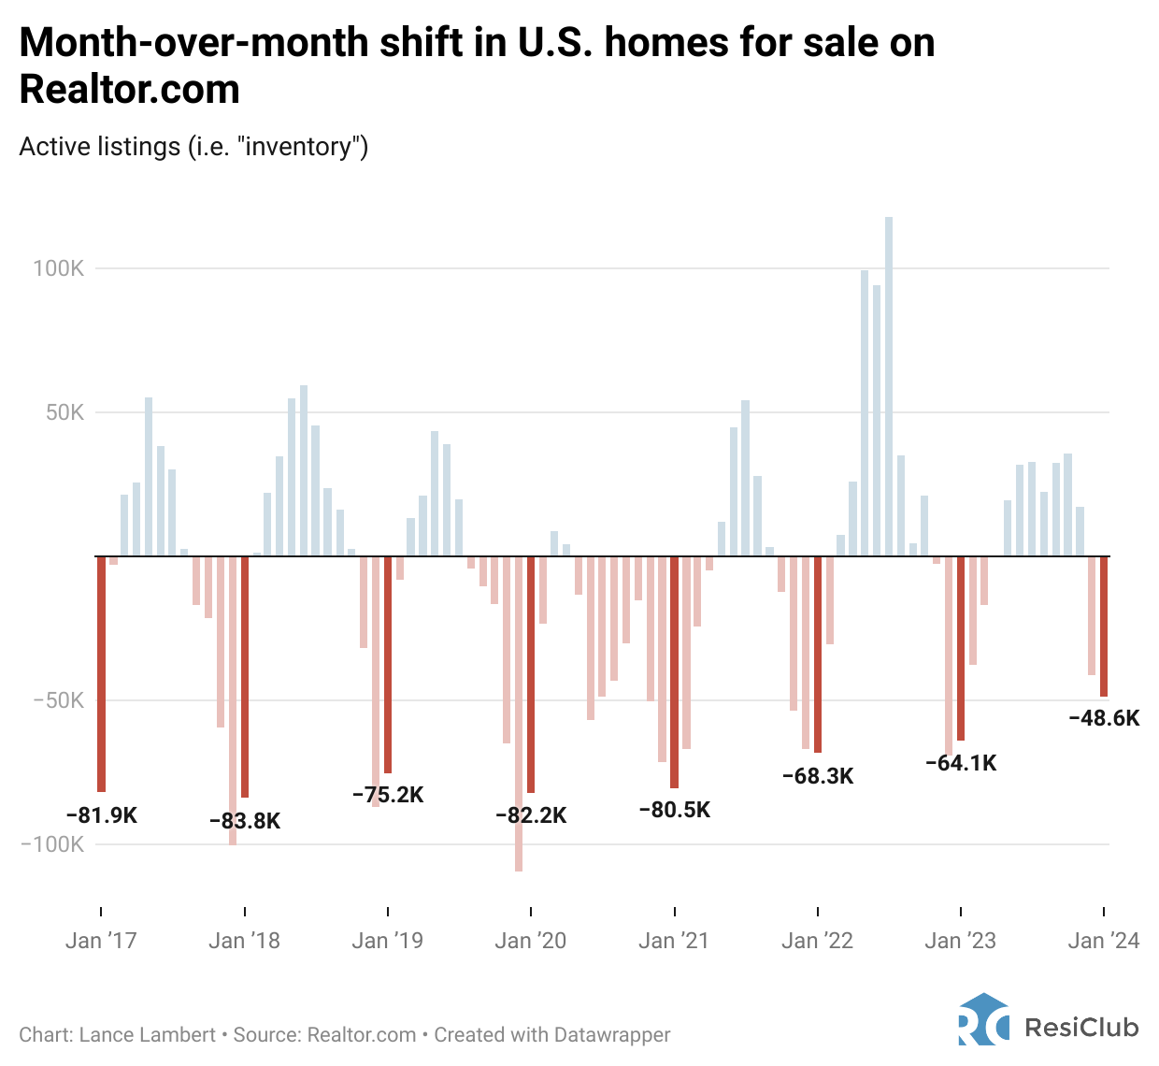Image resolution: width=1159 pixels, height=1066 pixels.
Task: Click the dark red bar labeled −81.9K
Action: point(101,673)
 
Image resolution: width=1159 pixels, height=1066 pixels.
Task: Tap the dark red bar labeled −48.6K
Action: point(1104,627)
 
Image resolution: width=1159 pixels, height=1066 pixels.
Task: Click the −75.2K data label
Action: point(388,795)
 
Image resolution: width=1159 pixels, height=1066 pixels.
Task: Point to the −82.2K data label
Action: point(531,815)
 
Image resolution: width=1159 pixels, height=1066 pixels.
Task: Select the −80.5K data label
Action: point(674,810)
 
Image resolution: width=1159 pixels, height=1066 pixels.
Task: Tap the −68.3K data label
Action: point(818,776)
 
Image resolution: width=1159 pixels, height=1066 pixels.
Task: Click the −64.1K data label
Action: point(961,763)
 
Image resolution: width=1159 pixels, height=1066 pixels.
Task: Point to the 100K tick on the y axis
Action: point(59,268)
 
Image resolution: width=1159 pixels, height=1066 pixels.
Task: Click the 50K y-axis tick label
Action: point(65,412)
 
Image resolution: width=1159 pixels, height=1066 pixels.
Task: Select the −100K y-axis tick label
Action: point(52,844)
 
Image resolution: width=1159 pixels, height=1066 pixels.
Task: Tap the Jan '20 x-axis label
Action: point(531,941)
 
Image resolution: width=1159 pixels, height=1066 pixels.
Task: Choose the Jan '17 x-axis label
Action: point(101,941)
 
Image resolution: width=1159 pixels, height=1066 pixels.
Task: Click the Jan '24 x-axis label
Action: point(1104,941)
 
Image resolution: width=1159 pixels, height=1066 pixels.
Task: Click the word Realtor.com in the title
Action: point(129,90)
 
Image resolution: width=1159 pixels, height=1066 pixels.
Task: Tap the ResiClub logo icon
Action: point(983,1019)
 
